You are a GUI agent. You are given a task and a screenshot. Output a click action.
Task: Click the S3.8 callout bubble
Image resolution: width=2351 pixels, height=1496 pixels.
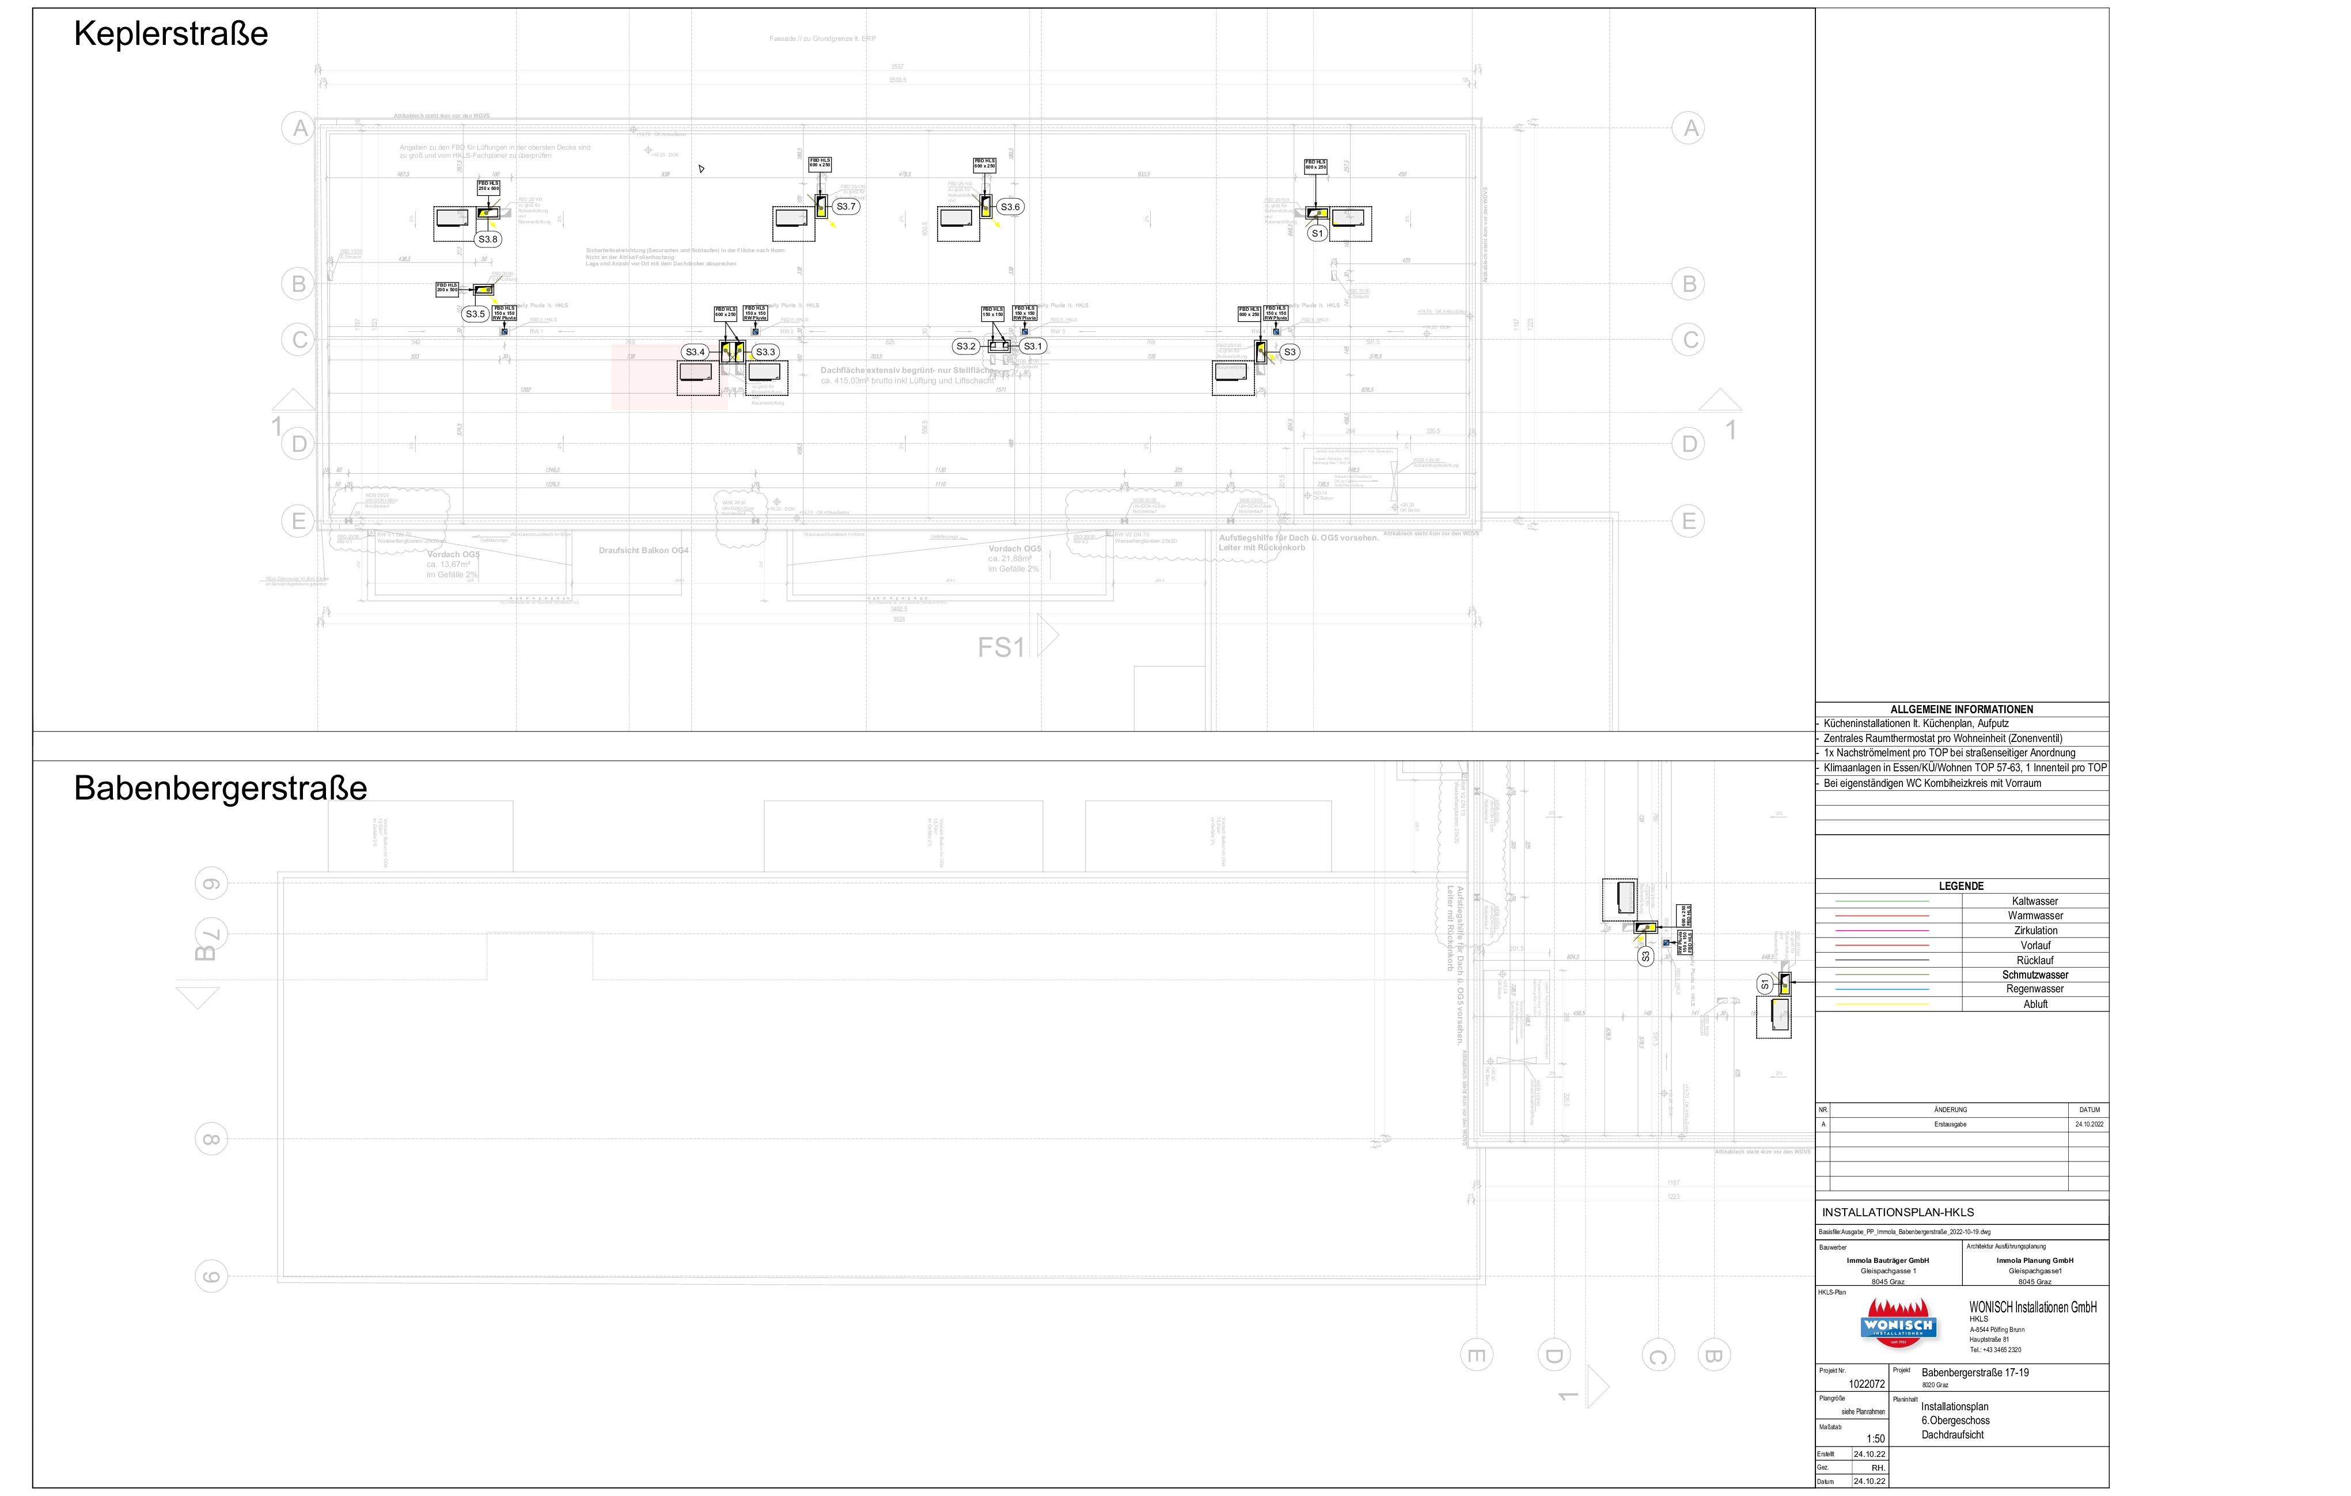point(487,239)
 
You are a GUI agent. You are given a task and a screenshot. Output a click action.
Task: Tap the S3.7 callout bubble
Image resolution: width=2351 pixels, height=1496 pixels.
point(845,207)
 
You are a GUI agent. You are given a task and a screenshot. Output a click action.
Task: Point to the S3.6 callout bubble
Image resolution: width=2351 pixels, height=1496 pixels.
point(1010,207)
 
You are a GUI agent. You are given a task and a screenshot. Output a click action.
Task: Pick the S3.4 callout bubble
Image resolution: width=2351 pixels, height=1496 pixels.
point(694,352)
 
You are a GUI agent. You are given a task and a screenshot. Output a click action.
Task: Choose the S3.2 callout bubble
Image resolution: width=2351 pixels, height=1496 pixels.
point(966,347)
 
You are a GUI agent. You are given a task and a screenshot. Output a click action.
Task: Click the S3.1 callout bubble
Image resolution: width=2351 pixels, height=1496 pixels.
point(1032,347)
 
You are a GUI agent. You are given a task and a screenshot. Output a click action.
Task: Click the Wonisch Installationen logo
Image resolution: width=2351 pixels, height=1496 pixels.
point(1899,1325)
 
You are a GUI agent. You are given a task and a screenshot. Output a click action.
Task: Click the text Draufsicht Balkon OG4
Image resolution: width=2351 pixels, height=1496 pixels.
point(643,550)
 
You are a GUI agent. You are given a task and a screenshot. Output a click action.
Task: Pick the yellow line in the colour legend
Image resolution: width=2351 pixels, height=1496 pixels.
point(1882,1003)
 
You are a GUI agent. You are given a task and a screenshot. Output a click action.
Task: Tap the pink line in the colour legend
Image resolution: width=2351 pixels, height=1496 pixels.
point(1882,931)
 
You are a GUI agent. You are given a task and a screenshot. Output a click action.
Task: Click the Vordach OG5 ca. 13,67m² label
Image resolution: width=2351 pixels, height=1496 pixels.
point(452,564)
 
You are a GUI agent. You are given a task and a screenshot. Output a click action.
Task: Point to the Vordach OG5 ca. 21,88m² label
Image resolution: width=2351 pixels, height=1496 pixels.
point(1014,558)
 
